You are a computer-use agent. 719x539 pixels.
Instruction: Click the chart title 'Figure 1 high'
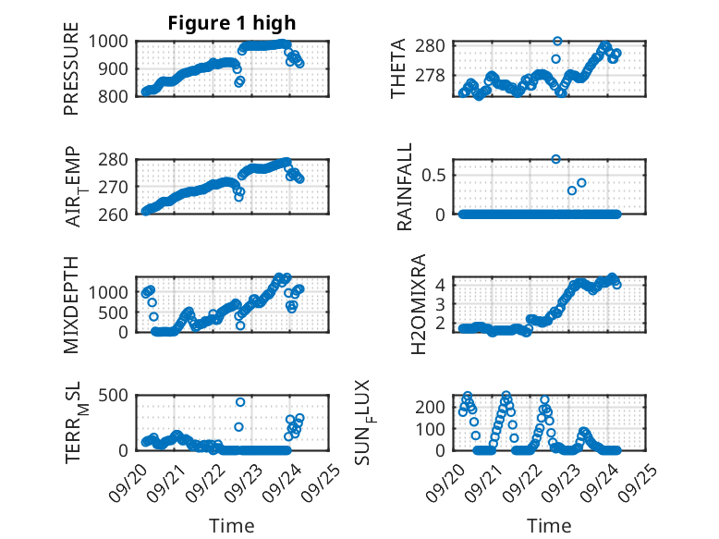(x=232, y=23)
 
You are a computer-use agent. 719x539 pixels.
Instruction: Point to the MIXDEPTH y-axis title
(x=72, y=305)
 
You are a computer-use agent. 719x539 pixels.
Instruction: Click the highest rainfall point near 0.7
(x=556, y=159)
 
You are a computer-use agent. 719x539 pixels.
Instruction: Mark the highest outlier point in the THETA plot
(x=557, y=41)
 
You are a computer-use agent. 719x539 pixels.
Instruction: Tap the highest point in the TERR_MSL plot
(x=240, y=402)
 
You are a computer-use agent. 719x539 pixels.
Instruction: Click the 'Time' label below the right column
(x=549, y=526)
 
